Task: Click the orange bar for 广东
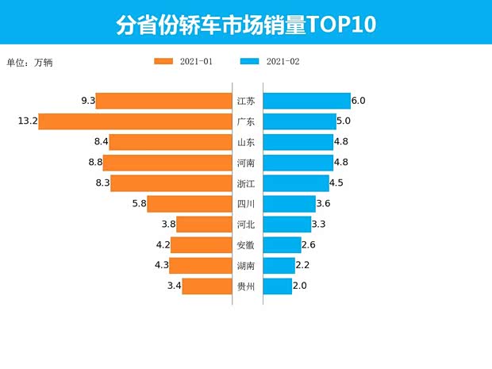[135, 121]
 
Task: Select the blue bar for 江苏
[306, 101]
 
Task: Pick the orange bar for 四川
[190, 203]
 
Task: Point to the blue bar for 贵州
[278, 286]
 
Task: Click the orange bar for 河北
[204, 224]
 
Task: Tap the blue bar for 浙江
[296, 183]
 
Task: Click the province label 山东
[246, 142]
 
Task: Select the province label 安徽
[246, 244]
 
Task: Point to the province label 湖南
[246, 265]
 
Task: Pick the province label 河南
[246, 163]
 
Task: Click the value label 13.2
[27, 121]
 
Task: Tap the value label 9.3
[88, 101]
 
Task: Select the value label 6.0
[358, 101]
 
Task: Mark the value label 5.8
[139, 203]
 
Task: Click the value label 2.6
[309, 244]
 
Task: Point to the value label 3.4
[174, 286]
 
